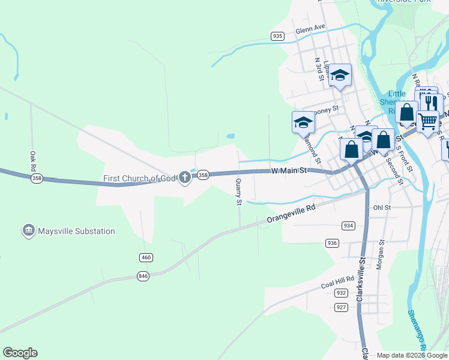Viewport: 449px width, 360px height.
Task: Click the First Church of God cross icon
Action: [185, 176]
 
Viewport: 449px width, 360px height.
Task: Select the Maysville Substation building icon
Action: [28, 230]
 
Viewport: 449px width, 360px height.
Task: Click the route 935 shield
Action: [277, 36]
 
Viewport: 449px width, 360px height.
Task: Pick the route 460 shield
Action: [146, 257]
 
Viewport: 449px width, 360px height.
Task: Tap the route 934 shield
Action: [349, 225]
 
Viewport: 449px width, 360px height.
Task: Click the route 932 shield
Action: [341, 293]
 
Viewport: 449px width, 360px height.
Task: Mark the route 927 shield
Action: [341, 307]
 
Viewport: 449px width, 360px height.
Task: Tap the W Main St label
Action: [289, 170]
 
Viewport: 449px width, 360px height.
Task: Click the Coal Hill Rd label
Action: [337, 282]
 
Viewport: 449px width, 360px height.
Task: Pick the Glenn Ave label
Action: [310, 28]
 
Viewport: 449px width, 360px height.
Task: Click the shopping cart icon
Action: [427, 121]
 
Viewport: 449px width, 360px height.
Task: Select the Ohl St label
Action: [382, 208]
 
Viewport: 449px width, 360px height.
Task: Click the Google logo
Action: [20, 353]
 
